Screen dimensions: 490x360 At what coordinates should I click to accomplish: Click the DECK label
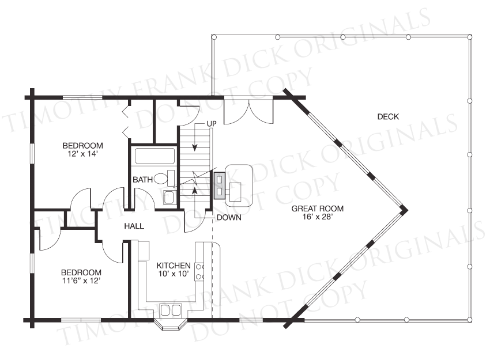pyautogui.click(x=388, y=117)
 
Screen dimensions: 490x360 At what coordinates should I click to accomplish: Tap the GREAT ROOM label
pyautogui.click(x=318, y=209)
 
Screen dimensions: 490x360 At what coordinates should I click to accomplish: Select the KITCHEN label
pyautogui.click(x=174, y=266)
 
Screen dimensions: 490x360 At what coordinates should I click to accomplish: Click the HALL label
pyautogui.click(x=134, y=226)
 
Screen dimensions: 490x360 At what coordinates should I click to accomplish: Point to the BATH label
pyautogui.click(x=143, y=180)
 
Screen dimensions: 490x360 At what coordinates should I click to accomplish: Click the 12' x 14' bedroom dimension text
pyautogui.click(x=83, y=154)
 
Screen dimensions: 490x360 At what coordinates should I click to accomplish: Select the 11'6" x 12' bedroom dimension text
pyautogui.click(x=81, y=281)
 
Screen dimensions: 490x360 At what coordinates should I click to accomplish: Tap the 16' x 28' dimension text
pyautogui.click(x=318, y=217)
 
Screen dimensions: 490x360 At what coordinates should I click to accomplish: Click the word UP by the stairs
pyautogui.click(x=212, y=124)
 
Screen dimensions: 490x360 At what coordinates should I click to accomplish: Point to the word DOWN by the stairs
pyautogui.click(x=229, y=218)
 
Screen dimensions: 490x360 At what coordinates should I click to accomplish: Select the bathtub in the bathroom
pyautogui.click(x=154, y=156)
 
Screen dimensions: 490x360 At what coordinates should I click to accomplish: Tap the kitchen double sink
pyautogui.click(x=171, y=310)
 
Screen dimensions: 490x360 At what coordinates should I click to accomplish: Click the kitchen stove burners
pyautogui.click(x=199, y=271)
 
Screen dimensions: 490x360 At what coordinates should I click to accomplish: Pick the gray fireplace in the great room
pyautogui.click(x=220, y=185)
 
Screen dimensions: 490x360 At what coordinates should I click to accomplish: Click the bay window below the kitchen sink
pyautogui.click(x=171, y=324)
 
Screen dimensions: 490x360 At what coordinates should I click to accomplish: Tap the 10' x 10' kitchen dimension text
pyautogui.click(x=174, y=274)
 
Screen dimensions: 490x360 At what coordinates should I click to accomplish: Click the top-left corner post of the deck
pyautogui.click(x=214, y=37)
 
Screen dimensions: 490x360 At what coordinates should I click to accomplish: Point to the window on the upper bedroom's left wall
pyautogui.click(x=32, y=153)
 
